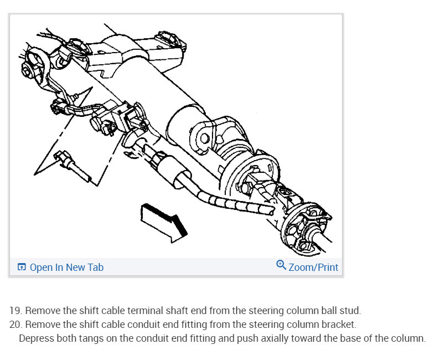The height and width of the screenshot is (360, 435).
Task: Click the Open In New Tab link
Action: (x=66, y=268)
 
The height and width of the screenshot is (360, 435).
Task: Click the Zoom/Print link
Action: (x=313, y=268)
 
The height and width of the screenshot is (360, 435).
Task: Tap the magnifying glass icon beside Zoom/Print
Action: (x=281, y=265)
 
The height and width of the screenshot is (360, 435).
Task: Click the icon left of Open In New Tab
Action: (x=22, y=268)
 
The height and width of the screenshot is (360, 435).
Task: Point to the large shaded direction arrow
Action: (x=164, y=221)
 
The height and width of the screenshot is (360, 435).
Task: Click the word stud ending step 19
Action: (x=350, y=310)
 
